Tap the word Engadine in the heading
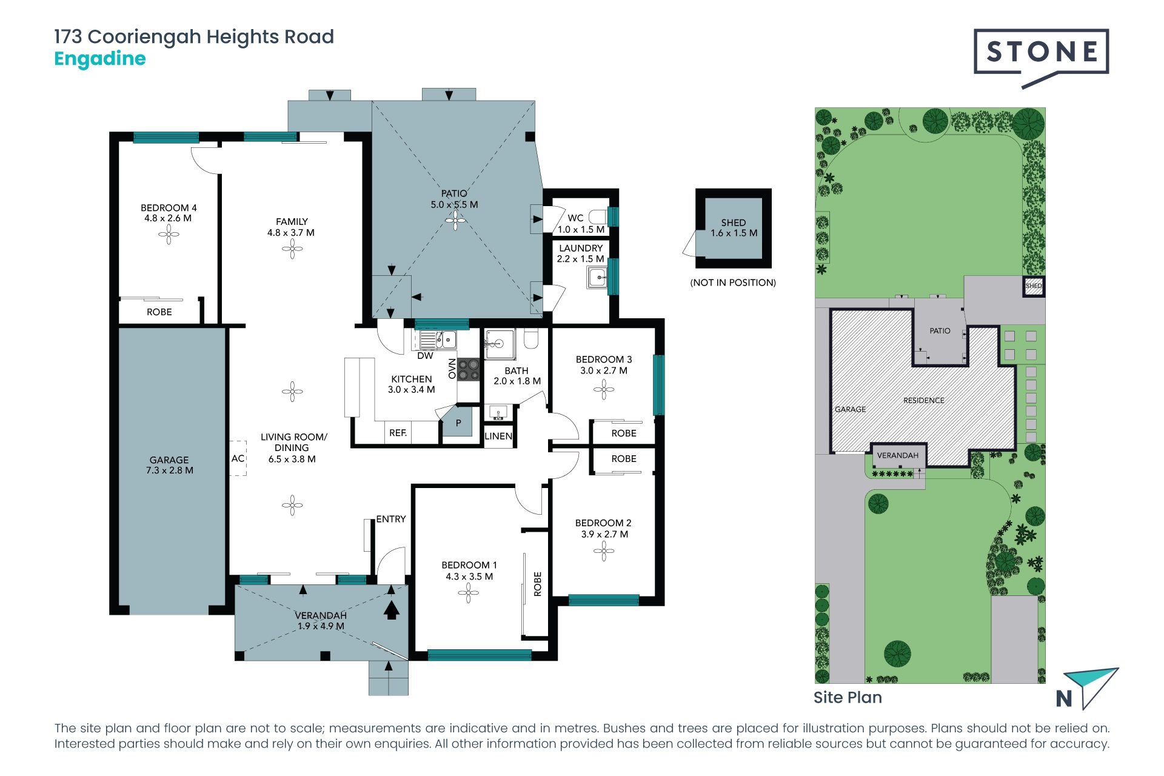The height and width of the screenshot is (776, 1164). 100,59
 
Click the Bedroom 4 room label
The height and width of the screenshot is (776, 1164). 169,207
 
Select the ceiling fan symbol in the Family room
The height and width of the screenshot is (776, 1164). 292,249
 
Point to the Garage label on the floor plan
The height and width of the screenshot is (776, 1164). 169,460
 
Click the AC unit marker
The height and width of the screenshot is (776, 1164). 238,458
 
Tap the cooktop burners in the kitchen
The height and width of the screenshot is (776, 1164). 468,370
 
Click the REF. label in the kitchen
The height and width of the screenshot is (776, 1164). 398,433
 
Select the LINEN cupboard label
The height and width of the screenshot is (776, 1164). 498,436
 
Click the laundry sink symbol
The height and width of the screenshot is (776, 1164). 598,278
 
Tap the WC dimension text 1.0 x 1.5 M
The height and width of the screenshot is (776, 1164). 581,230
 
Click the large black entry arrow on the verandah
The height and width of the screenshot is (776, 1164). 392,609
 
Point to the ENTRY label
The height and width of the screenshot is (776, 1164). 391,519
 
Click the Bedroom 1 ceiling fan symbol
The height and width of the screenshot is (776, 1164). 468,593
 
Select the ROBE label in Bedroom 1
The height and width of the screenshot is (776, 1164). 538,584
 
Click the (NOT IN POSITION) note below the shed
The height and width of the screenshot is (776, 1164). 733,283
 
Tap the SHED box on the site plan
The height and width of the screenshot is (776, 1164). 1034,286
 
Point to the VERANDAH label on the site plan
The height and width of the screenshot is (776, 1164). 898,455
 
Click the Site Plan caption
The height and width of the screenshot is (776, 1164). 848,698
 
